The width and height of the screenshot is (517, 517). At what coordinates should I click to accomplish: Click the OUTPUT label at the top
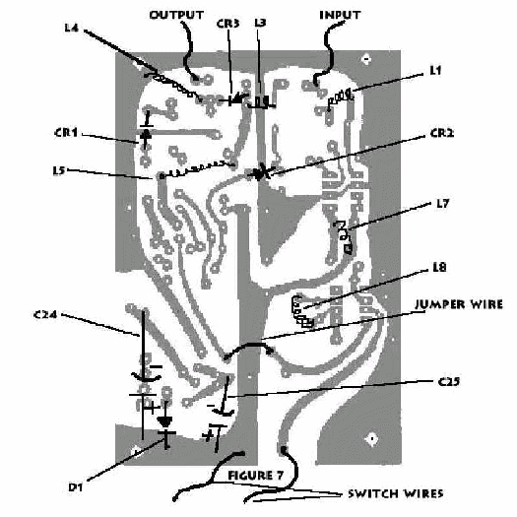tap(176, 15)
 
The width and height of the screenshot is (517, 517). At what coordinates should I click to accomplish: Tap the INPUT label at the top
tap(340, 15)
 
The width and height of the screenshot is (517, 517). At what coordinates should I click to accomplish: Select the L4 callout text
tap(72, 28)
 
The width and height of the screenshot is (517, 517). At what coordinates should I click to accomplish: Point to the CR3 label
tap(227, 24)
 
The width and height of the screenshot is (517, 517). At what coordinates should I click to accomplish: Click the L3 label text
tap(260, 23)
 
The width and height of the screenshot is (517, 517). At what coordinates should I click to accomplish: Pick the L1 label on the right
tap(435, 70)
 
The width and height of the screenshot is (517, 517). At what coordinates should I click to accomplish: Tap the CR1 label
tap(66, 133)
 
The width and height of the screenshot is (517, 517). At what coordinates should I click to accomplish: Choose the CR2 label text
tap(442, 133)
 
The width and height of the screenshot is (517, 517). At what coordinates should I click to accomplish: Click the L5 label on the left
tap(60, 170)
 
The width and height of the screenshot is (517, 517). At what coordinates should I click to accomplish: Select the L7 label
tap(443, 204)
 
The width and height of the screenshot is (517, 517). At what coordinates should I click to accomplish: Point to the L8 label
tap(439, 267)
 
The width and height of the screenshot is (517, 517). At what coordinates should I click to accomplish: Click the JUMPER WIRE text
tap(459, 304)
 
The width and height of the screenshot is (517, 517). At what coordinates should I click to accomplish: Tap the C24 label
tap(45, 314)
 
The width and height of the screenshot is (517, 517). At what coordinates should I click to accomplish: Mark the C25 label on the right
tap(449, 382)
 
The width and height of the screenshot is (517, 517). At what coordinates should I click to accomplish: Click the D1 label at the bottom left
tap(75, 487)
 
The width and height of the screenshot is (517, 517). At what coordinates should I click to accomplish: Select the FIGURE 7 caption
tap(255, 475)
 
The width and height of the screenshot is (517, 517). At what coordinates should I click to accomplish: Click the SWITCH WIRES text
tap(396, 493)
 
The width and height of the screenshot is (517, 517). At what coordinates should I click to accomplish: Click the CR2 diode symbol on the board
tap(260, 172)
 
